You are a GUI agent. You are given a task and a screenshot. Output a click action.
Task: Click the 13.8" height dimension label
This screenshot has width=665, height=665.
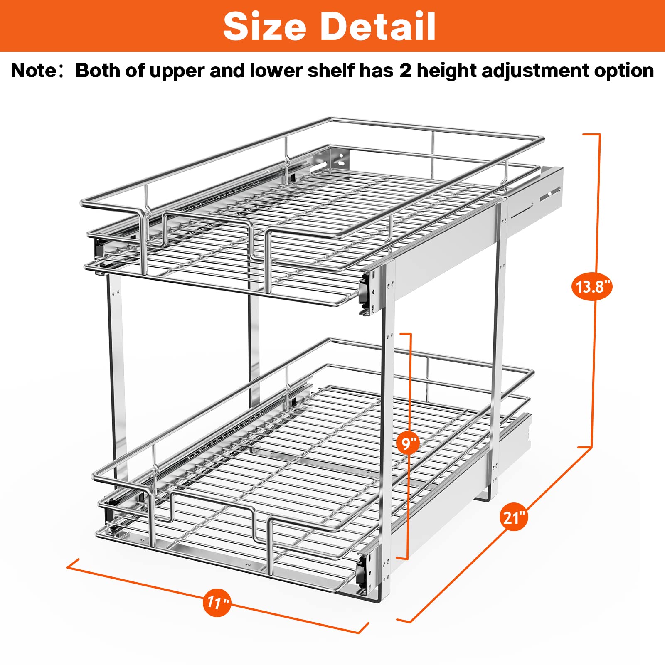click(x=592, y=286)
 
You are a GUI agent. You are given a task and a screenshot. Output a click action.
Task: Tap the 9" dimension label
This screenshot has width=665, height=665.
click(x=408, y=443)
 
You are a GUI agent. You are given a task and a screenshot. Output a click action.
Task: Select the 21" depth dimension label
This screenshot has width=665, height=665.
click(x=514, y=518)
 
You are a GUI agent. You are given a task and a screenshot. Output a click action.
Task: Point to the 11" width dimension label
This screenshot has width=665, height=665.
click(x=217, y=602)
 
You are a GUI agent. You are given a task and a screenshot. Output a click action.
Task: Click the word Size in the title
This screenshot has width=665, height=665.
click(x=265, y=27)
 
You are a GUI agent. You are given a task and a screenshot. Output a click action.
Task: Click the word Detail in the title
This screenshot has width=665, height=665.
click(x=378, y=27)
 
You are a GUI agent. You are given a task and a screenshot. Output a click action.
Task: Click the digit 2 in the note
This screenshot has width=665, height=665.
click(x=405, y=71)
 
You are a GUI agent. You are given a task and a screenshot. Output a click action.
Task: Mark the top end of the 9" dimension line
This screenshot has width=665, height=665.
click(x=405, y=333)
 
